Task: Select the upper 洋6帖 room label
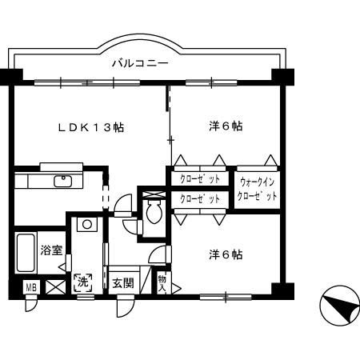click(226, 126)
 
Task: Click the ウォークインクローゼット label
click(258, 189)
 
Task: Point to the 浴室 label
click(52, 250)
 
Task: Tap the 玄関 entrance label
click(122, 282)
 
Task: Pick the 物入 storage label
click(162, 283)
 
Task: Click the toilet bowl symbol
click(154, 212)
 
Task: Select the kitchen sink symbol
click(62, 180)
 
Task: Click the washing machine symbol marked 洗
click(83, 282)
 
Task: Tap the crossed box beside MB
click(54, 286)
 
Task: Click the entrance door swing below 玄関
click(125, 305)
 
